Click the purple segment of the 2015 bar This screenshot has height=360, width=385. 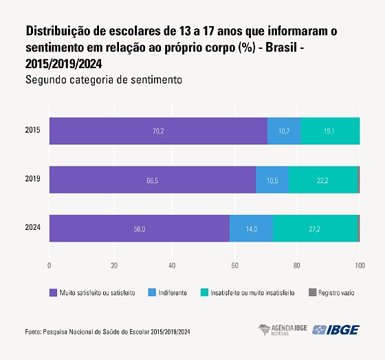pos(158,131)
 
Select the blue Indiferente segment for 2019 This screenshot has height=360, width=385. pos(272,180)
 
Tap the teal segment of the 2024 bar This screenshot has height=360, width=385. pos(315,229)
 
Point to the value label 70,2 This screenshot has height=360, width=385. pos(158,131)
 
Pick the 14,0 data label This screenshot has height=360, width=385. pos(250,229)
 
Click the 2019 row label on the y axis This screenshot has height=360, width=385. pos(32,180)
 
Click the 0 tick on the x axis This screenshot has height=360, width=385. pos(49,265)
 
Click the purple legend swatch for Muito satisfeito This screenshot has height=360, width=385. pos(53,293)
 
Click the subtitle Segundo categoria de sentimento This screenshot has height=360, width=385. pos(103,80)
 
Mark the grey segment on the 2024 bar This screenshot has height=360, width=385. pos(358,229)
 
